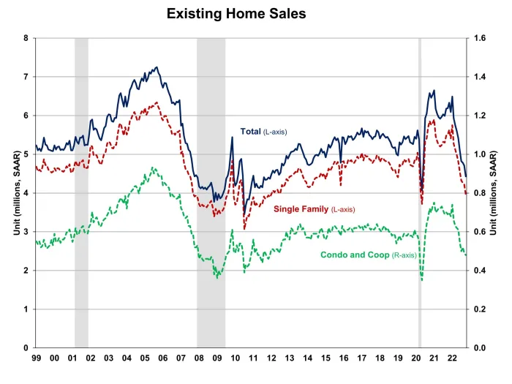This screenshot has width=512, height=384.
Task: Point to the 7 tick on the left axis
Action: (26, 77)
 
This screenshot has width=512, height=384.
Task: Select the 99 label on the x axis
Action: (36, 358)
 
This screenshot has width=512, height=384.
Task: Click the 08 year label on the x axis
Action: (200, 358)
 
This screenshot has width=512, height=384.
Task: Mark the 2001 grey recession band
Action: (81, 190)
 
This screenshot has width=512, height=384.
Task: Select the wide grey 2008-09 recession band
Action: (211, 190)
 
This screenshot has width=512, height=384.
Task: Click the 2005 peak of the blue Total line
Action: (157, 67)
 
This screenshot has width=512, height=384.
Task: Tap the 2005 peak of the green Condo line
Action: (153, 167)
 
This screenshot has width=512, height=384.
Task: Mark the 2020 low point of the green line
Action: (422, 280)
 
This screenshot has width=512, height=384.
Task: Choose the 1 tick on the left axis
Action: (26, 309)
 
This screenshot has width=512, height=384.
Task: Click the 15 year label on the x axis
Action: (325, 358)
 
